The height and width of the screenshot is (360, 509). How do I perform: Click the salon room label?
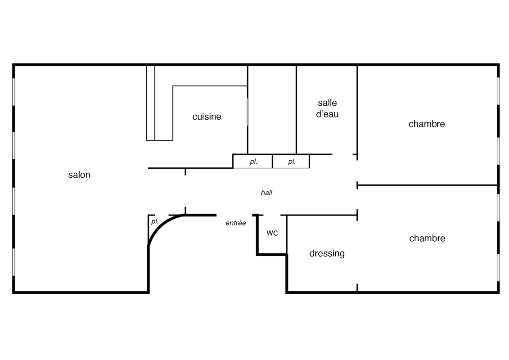click(79, 175)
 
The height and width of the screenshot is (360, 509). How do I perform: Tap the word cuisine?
click(207, 117)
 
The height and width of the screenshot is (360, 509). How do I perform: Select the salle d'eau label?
click(327, 108)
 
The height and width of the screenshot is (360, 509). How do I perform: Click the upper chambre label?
click(427, 124)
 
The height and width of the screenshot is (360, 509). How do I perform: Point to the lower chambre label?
click(427, 238)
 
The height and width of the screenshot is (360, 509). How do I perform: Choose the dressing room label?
click(327, 253)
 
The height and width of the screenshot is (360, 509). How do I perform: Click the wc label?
click(272, 233)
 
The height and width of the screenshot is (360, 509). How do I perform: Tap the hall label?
click(266, 193)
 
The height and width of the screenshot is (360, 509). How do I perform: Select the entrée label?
click(236, 223)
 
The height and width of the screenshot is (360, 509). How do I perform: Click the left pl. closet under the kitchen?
click(252, 162)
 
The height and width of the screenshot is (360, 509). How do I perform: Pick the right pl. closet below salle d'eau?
click(291, 162)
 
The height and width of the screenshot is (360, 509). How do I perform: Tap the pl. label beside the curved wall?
click(155, 221)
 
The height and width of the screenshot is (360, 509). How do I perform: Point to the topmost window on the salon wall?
click(14, 91)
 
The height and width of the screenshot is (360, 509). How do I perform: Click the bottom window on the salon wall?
click(14, 262)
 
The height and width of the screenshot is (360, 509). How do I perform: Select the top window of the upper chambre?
click(498, 91)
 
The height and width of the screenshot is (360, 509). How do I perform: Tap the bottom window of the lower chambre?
click(498, 268)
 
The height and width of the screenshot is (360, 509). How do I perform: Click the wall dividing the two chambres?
click(427, 185)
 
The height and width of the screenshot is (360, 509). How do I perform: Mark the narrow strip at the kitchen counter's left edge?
click(151, 103)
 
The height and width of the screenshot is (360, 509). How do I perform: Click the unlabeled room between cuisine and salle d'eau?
click(272, 110)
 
